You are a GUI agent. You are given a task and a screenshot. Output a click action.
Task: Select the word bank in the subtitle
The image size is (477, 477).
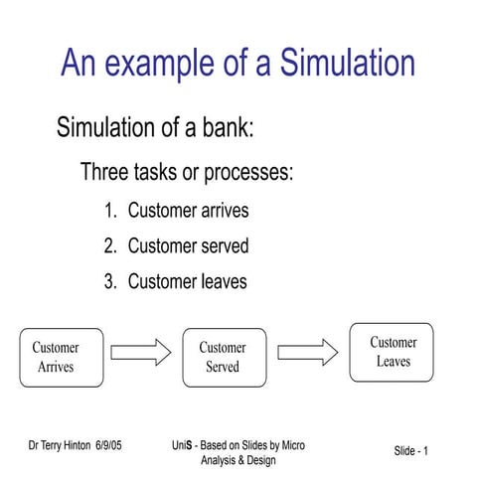pos(227,128)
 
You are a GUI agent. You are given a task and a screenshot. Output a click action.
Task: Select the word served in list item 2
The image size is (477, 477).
pos(222,245)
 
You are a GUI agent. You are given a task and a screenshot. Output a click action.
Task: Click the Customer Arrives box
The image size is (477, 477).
pos(62,357)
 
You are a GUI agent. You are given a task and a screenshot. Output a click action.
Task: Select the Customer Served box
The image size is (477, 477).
pos(224,357)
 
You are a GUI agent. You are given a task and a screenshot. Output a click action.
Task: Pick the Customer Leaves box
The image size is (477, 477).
pos(392,352)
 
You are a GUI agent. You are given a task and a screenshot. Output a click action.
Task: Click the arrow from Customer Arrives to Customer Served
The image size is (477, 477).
pos(141,352)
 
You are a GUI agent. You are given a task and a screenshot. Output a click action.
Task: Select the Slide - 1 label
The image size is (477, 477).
pos(410,452)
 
